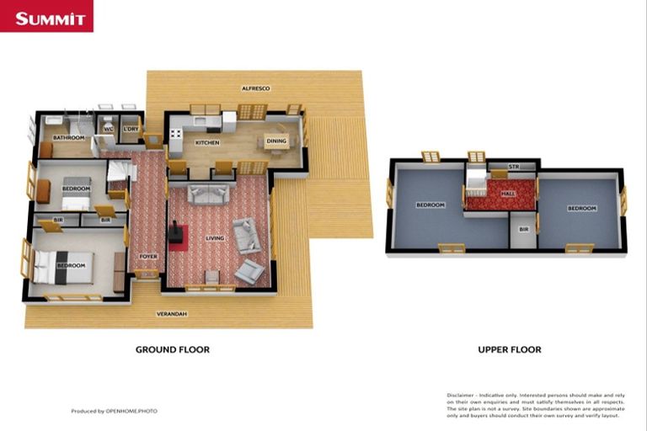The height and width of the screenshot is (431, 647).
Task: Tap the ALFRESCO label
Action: [x=254, y=88]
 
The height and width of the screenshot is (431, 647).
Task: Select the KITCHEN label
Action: [x=207, y=143]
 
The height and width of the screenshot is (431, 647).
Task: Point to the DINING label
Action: [x=275, y=141]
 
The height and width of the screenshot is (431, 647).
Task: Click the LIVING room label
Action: [x=216, y=238]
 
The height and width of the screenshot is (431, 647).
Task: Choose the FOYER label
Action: [x=148, y=256]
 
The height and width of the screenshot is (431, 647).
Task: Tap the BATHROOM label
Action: [x=68, y=137]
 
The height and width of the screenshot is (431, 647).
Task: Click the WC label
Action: [x=109, y=129]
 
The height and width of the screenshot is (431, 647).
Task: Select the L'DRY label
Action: [x=131, y=129]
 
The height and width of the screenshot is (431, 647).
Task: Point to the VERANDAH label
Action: [x=170, y=314]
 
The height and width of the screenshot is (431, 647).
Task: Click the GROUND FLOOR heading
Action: [x=173, y=349]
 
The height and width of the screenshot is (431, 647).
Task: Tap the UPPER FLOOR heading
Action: [x=509, y=349]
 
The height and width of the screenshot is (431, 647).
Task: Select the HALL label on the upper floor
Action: [x=508, y=194]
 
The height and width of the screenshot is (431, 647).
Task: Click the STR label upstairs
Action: [x=512, y=167]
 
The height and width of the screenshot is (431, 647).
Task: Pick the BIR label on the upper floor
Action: [x=523, y=229]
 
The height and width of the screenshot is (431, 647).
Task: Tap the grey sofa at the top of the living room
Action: [x=207, y=194]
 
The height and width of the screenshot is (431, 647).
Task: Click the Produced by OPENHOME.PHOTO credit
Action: [x=114, y=411]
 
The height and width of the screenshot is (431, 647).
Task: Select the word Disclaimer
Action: [x=460, y=394]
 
